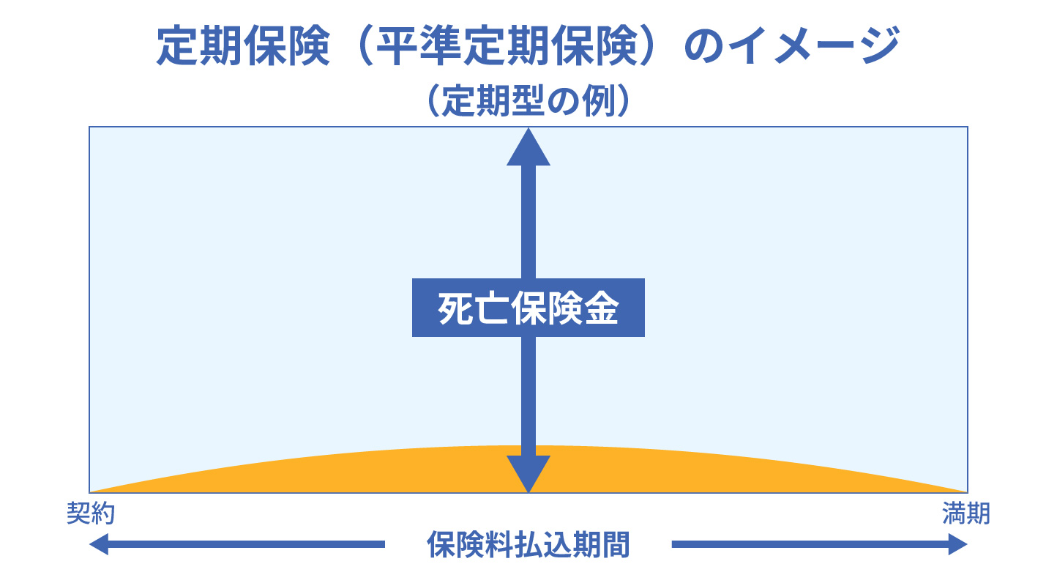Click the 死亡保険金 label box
[528, 308]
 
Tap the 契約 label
[91, 513]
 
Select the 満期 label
[966, 513]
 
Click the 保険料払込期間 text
[528, 545]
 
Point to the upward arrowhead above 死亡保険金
[528, 147]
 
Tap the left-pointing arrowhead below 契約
[99, 544]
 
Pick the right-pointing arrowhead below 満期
[958, 544]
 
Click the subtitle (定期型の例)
[528, 100]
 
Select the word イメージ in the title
[813, 45]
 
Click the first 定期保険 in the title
[243, 45]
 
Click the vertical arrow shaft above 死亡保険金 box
[528, 222]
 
